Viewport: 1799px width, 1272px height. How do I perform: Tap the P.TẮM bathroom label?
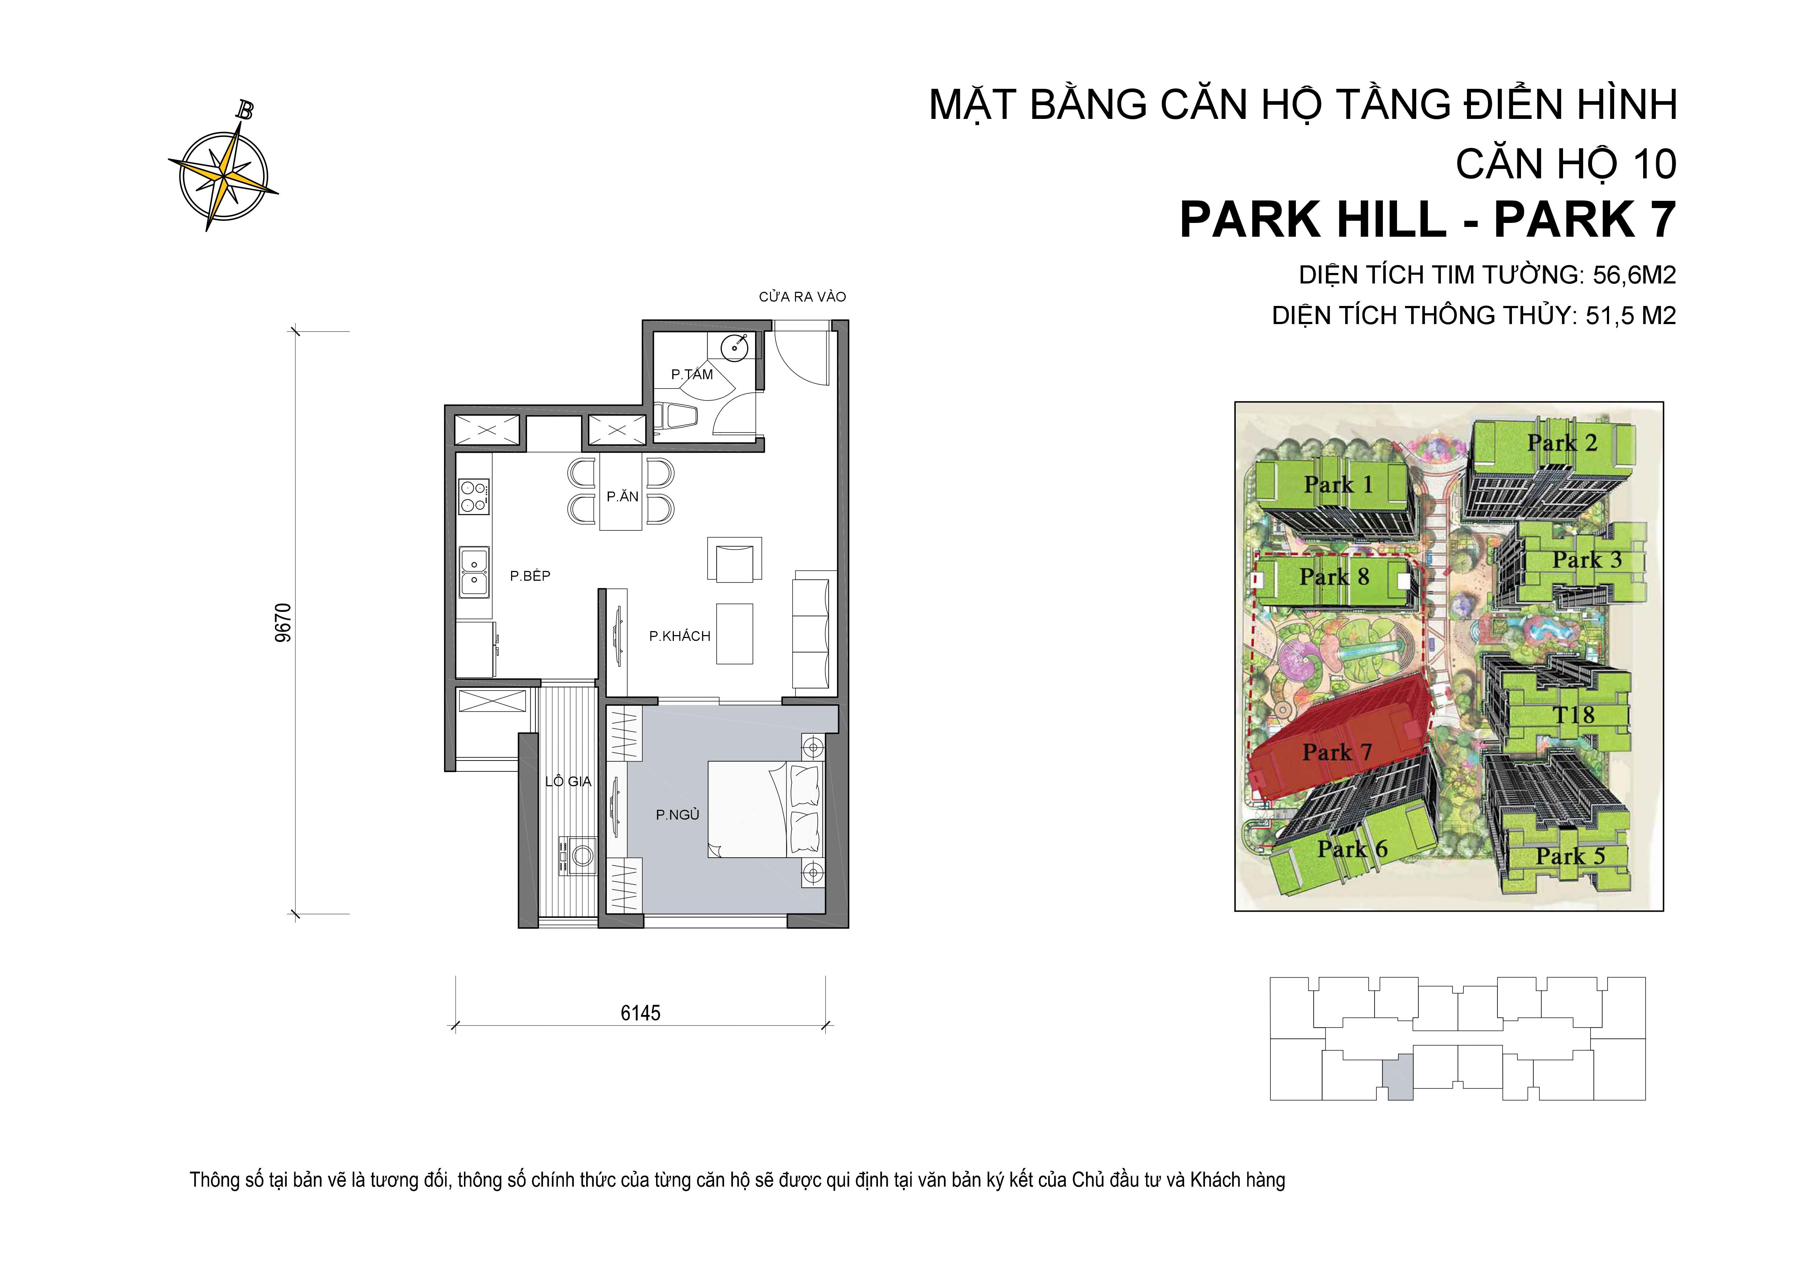[x=692, y=374]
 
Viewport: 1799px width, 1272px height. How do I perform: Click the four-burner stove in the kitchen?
[x=473, y=495]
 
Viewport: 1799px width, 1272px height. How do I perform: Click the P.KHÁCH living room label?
[x=679, y=637]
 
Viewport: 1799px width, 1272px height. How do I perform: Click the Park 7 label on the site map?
[x=1337, y=753]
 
